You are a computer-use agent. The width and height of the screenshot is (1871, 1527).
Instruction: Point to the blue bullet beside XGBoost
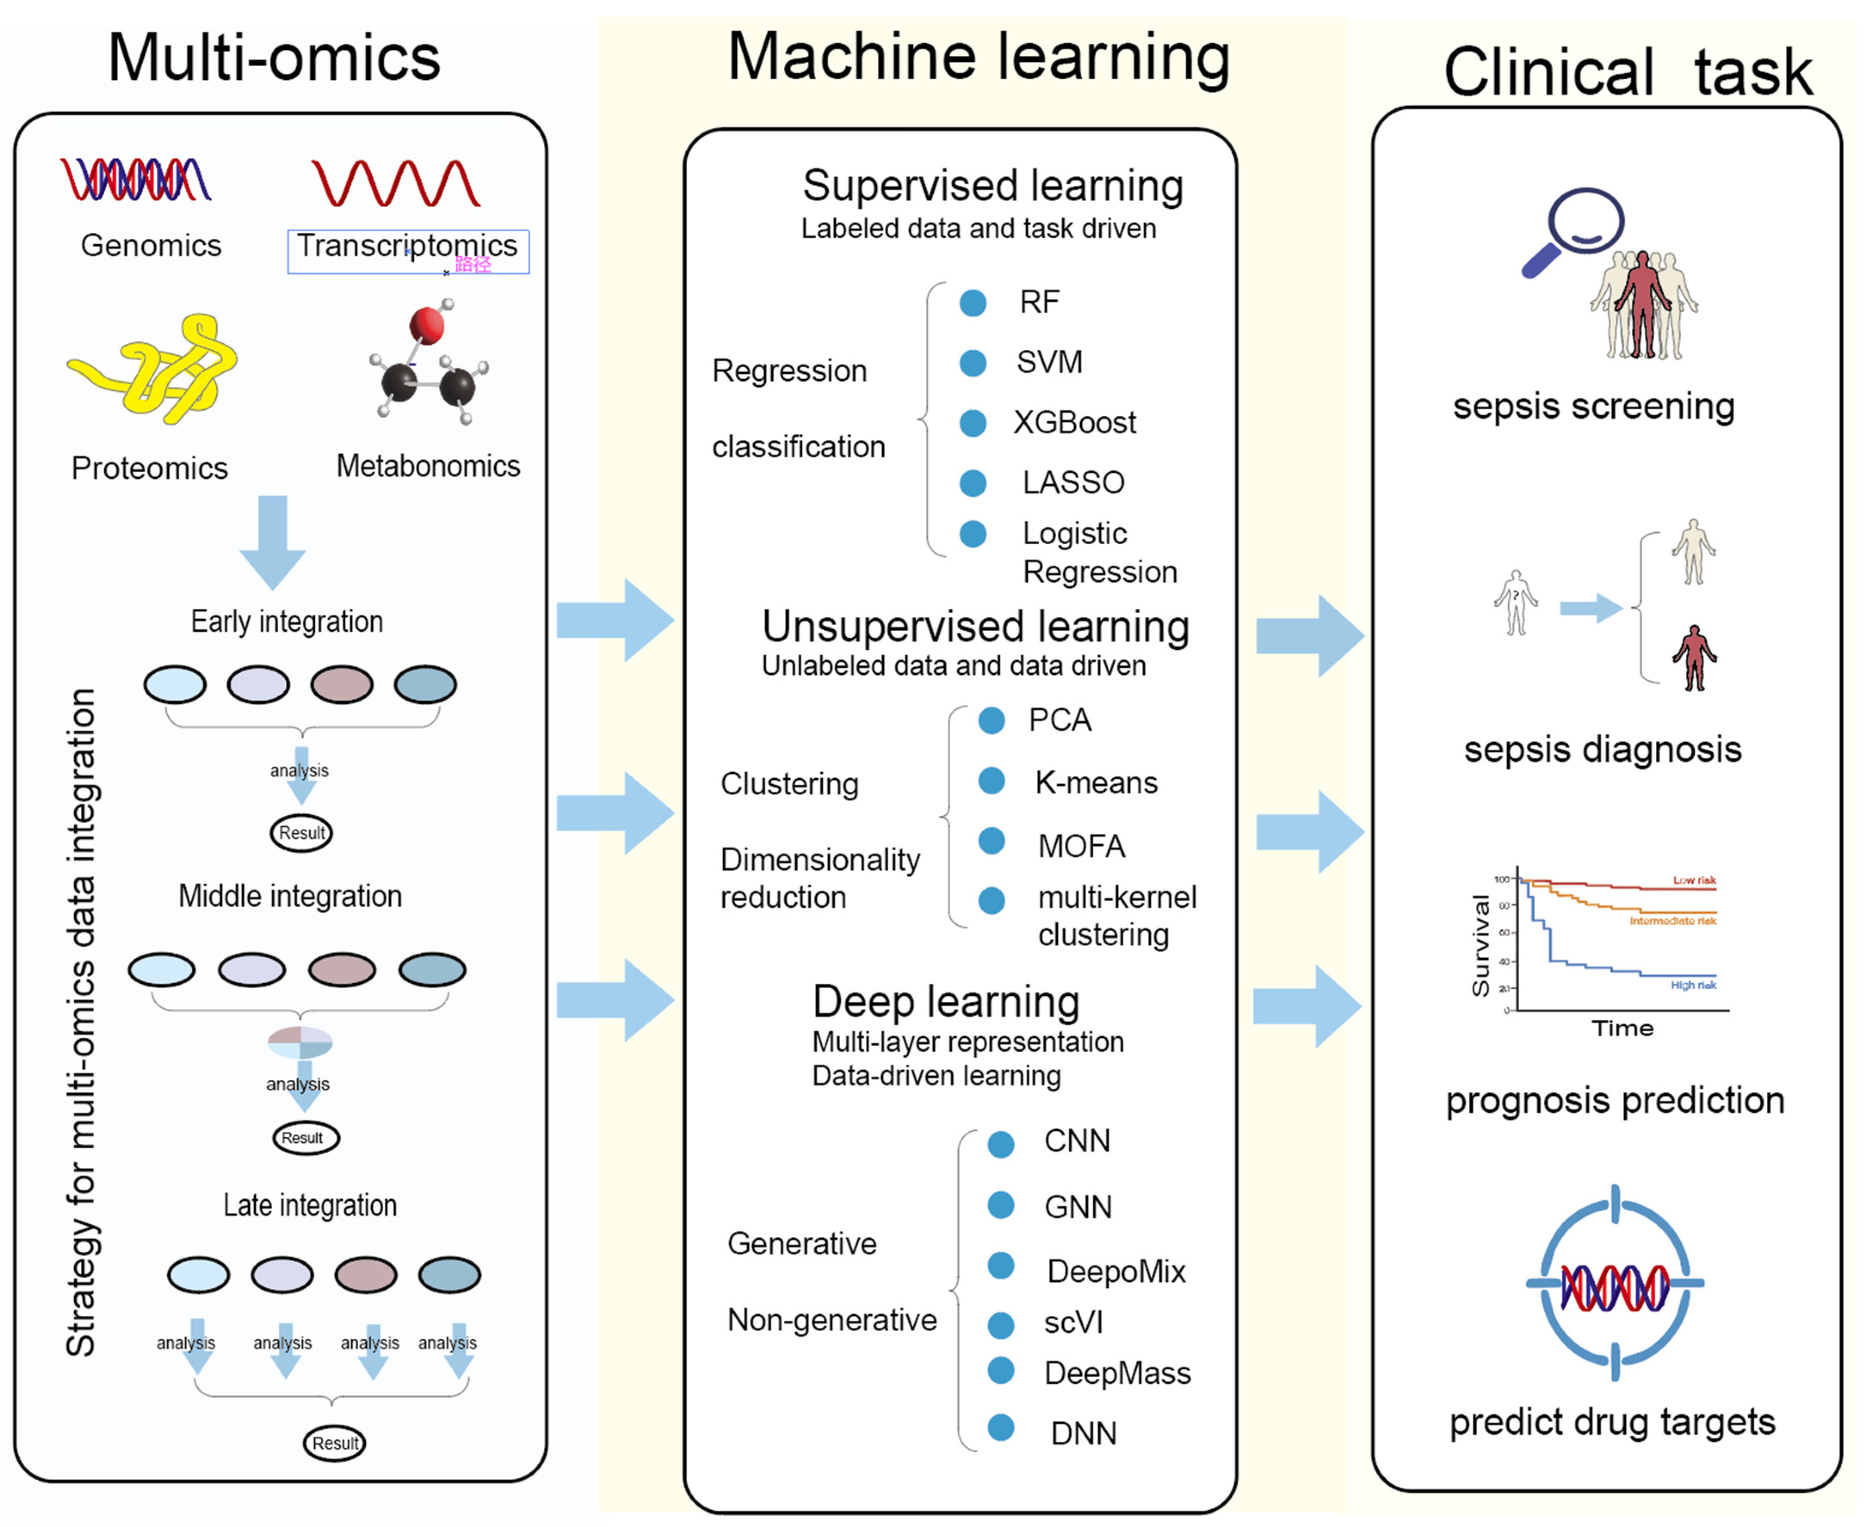coord(973,423)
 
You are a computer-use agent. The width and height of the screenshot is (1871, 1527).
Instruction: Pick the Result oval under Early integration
coord(302,833)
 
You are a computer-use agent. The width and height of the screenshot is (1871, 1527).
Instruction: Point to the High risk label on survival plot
coord(1693,985)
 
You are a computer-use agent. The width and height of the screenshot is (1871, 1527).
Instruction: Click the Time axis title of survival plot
coord(1622,1028)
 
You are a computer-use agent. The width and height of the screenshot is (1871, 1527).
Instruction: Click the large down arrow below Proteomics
coord(273,541)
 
